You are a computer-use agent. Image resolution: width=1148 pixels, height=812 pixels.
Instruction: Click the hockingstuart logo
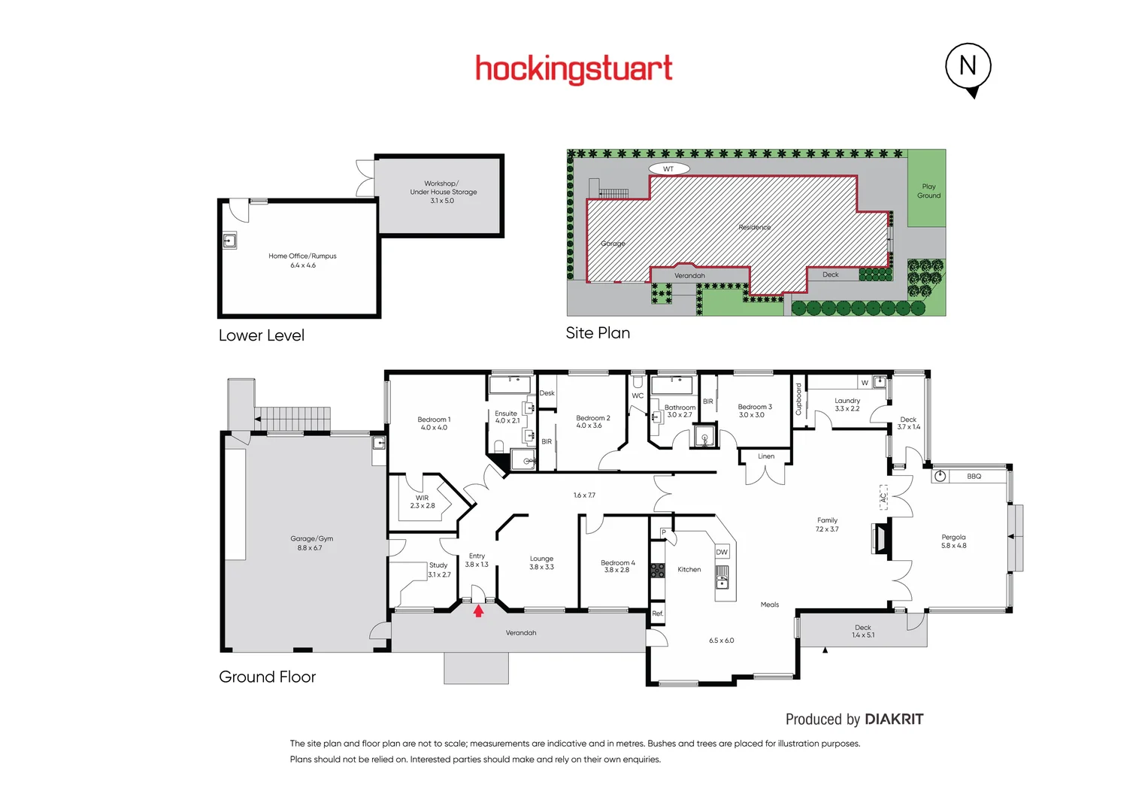click(x=574, y=69)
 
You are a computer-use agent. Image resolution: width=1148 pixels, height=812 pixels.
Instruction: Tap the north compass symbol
click(x=968, y=67)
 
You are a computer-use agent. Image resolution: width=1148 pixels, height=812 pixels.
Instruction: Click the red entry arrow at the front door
click(x=478, y=611)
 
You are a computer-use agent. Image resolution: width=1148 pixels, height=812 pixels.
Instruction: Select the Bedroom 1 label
click(x=434, y=420)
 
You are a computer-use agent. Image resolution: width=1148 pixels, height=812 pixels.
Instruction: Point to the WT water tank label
click(x=668, y=168)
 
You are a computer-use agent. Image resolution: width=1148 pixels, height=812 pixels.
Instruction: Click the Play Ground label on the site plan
click(x=928, y=191)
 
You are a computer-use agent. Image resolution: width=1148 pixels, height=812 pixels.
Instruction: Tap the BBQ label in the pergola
click(x=974, y=477)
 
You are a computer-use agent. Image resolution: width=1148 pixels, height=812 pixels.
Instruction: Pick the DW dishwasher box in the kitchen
click(x=722, y=552)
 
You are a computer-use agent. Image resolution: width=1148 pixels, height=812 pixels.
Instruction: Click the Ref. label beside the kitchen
click(x=658, y=614)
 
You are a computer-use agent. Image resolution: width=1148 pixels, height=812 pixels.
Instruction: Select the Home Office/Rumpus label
click(x=302, y=256)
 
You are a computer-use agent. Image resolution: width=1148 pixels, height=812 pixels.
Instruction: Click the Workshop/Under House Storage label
click(x=443, y=187)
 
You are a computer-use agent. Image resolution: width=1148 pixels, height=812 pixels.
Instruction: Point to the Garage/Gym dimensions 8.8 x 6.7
click(x=309, y=548)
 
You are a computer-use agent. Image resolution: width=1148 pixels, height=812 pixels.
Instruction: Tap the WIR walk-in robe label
click(x=423, y=498)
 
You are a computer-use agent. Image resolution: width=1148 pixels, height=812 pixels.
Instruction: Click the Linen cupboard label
click(x=766, y=456)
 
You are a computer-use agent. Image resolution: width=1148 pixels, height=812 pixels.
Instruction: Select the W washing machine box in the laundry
click(x=865, y=383)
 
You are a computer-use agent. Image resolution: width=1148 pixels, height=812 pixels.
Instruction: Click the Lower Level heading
click(x=261, y=336)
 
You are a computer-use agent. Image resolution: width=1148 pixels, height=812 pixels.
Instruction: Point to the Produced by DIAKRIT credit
click(x=854, y=720)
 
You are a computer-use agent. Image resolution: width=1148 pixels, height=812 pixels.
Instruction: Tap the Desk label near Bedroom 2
click(x=547, y=393)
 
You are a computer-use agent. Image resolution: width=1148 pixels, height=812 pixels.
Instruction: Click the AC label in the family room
click(x=883, y=497)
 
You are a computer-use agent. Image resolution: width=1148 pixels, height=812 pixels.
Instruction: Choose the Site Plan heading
click(x=598, y=333)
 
